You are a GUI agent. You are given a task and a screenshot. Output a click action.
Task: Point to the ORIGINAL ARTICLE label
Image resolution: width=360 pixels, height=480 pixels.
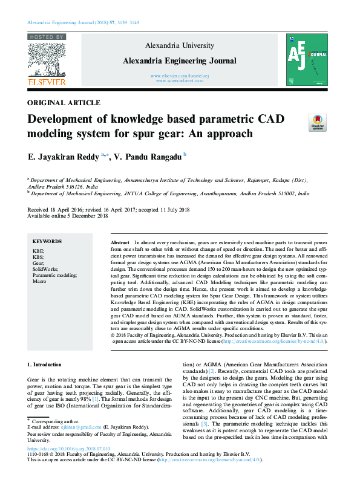(64, 103)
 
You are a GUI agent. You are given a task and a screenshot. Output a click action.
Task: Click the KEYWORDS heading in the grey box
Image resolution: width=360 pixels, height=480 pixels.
(47, 241)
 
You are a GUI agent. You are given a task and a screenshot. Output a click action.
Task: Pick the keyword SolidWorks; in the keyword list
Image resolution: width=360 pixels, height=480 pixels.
(45, 269)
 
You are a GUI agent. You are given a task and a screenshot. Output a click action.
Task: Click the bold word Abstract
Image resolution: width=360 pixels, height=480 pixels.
(120, 242)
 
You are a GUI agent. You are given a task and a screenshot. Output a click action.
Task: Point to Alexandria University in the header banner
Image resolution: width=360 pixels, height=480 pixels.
(180, 45)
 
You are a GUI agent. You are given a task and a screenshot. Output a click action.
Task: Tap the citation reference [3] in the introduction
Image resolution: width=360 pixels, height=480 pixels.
(222, 425)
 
